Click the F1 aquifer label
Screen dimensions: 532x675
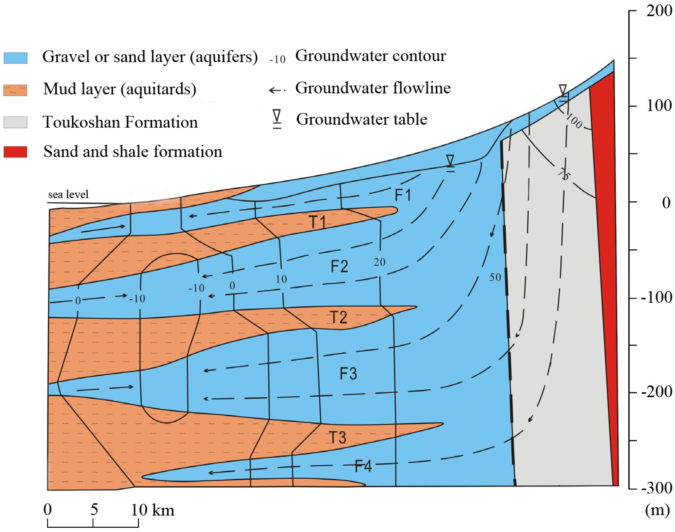tap(403, 195)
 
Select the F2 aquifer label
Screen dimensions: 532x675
tap(339, 267)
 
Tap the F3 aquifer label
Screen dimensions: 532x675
tap(348, 373)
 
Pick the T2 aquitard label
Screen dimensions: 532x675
tap(339, 317)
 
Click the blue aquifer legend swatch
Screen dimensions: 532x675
tap(15, 58)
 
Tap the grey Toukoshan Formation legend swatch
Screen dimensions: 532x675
tap(15, 122)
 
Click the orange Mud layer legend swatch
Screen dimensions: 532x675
tap(15, 90)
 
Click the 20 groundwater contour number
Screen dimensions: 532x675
tap(379, 262)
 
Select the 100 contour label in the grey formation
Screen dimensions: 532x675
tap(574, 121)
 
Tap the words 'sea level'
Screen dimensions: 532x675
tap(68, 194)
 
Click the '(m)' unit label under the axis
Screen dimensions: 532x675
tap(657, 510)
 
